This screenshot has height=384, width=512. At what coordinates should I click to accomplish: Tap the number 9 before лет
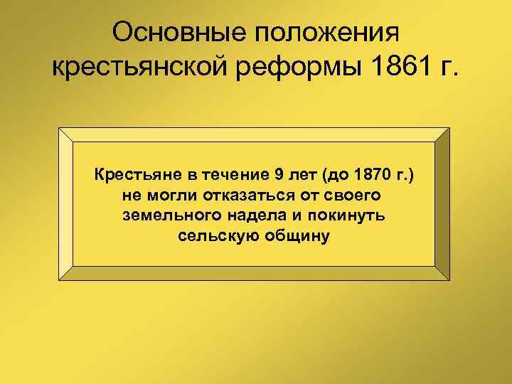coord(277,174)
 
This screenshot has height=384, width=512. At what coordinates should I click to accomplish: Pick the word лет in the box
coord(300,174)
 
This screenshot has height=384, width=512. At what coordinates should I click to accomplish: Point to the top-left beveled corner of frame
coord(65,134)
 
